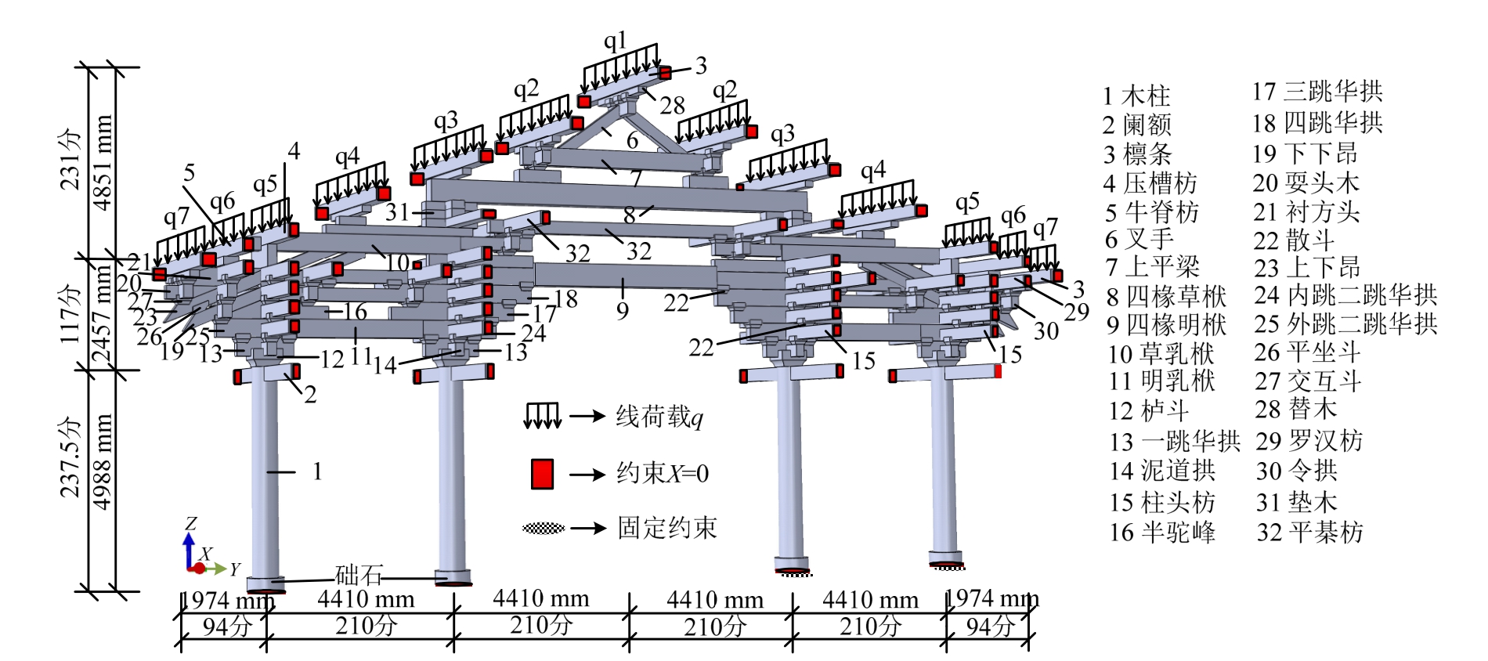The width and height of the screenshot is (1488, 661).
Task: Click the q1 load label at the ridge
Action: click(616, 41)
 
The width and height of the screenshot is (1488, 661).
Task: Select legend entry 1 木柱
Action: click(1136, 96)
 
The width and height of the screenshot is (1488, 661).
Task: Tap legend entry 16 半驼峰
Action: click(1162, 533)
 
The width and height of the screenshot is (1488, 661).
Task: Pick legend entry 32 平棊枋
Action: click(1310, 533)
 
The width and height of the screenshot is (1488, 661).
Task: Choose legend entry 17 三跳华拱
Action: click(1317, 92)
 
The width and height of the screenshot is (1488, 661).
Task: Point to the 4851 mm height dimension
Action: click(103, 163)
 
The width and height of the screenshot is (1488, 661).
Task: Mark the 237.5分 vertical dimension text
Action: click(71, 457)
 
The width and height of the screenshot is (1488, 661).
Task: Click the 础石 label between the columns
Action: click(359, 576)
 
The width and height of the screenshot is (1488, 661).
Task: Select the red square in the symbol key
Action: click(542, 474)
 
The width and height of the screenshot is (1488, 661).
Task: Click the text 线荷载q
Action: click(659, 417)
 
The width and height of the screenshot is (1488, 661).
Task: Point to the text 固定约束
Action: click(667, 528)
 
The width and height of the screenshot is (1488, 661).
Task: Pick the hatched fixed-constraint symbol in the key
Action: click(544, 529)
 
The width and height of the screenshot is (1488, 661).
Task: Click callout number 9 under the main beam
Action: click(623, 311)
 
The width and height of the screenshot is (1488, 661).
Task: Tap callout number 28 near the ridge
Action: click(672, 105)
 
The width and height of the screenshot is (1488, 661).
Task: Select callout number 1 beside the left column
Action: click(317, 471)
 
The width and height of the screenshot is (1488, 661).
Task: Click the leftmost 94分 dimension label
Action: click(226, 627)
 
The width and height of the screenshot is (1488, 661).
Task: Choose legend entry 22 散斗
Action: click(1294, 240)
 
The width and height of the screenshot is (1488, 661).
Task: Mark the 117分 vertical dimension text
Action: click(71, 313)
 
